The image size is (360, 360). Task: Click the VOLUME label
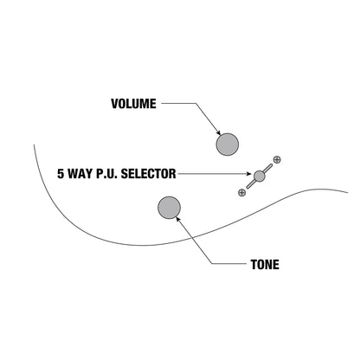[133, 104]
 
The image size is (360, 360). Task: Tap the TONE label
[265, 265]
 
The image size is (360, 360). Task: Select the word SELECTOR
[148, 174]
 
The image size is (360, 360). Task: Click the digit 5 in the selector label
[61, 174]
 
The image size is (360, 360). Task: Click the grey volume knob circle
[228, 145]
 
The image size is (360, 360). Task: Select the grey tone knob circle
[170, 208]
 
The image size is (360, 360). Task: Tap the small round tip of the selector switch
[259, 176]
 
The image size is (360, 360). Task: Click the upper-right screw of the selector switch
[277, 159]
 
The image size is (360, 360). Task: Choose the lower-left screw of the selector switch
[241, 192]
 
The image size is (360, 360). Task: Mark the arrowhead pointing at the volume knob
[218, 132]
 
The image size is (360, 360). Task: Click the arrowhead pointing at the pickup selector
[248, 174]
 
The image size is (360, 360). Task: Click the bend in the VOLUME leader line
[196, 103]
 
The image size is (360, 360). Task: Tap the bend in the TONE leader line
[212, 264]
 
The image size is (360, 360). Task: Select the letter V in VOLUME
[115, 104]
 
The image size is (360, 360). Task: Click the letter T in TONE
[254, 265]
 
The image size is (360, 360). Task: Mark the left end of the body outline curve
[34, 145]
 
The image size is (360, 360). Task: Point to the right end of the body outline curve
[348, 192]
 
